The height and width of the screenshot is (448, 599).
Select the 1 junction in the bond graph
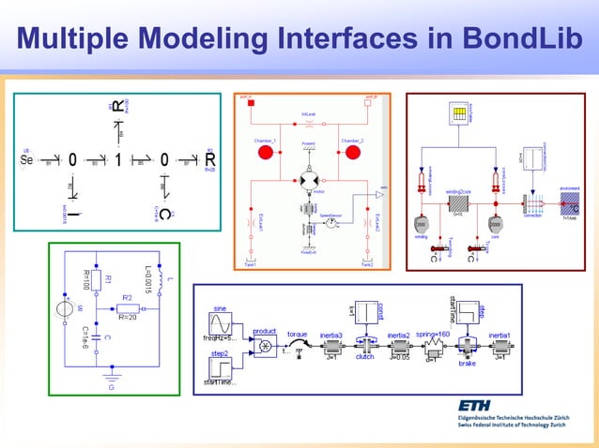[x=118, y=159]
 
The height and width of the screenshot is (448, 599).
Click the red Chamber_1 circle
[x=265, y=153]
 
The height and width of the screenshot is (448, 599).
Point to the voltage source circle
[x=65, y=306]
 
